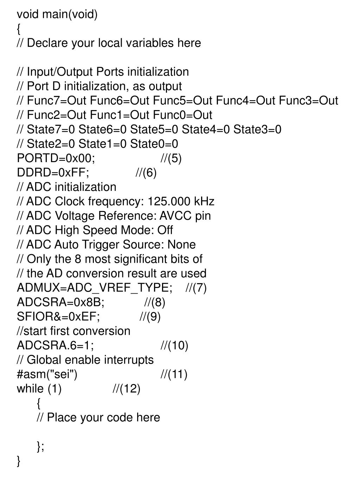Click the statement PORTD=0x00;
click(56, 158)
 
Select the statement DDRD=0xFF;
click(53, 173)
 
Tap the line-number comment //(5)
click(171, 158)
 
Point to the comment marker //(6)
click(146, 173)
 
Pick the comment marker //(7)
click(196, 288)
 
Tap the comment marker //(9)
click(150, 316)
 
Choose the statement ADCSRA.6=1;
click(56, 345)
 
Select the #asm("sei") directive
click(47, 374)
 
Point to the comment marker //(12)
click(127, 389)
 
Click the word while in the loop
click(30, 389)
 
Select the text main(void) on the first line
click(70, 14)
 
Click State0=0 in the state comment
click(154, 144)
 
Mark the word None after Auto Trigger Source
click(181, 244)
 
